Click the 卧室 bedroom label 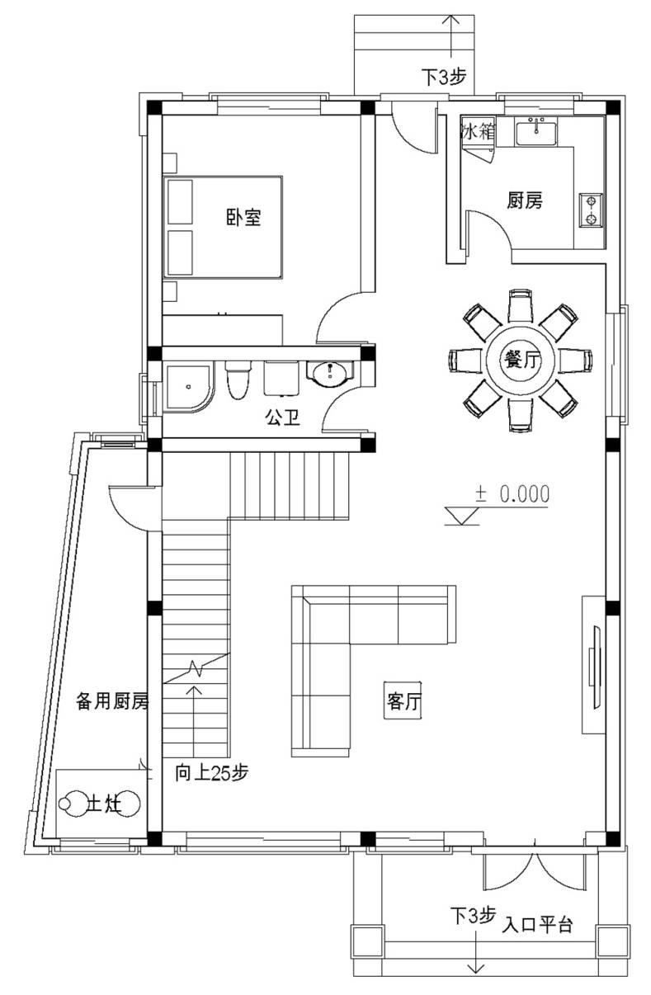pos(243,217)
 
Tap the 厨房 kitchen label pos(525,200)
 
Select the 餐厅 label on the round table pos(521,359)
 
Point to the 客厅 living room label pos(403,701)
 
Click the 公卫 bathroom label pos(283,417)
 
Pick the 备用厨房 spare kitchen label pos(112,701)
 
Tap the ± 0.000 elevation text pos(512,493)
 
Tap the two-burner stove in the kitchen pos(591,210)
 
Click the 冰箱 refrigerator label pos(478,131)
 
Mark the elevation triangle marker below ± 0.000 pos(462,516)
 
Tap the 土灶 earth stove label pos(105,804)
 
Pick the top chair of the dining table pos(520,305)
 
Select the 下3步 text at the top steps pos(444,77)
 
